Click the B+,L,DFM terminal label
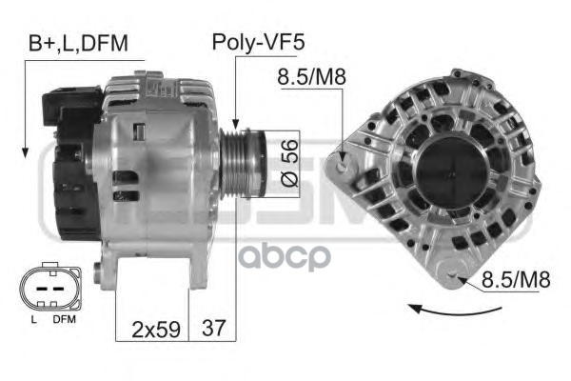coord(78,43)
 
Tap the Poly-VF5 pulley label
coord(258,42)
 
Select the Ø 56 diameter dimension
coord(290,163)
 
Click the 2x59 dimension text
coord(156,329)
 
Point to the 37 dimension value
coord(214,328)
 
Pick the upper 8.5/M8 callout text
coord(311,77)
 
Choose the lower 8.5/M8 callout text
coord(516,280)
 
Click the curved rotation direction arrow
coord(455,311)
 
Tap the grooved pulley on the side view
coord(242,165)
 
